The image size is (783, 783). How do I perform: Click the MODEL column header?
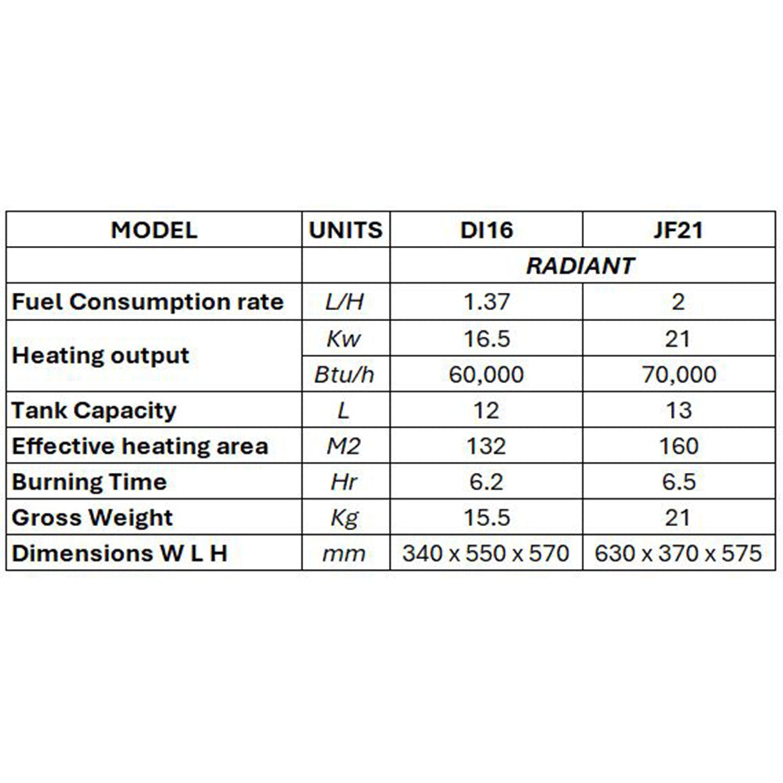(x=154, y=230)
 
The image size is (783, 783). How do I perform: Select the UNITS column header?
(x=345, y=230)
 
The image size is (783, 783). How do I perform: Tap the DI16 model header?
(x=485, y=230)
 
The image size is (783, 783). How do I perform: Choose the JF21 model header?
(x=678, y=230)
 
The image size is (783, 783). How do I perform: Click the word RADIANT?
(x=580, y=266)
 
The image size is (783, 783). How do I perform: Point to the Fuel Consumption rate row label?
(x=148, y=302)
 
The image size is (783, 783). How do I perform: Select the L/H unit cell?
(x=345, y=302)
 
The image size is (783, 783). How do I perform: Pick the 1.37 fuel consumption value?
(x=485, y=302)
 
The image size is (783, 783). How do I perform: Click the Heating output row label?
(x=101, y=355)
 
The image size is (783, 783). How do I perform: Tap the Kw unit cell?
(x=345, y=338)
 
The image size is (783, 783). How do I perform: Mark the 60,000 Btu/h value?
(x=485, y=374)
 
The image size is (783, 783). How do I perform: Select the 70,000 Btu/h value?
(x=678, y=374)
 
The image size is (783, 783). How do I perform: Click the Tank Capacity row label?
(x=94, y=410)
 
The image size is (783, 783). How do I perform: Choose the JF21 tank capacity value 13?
(x=678, y=410)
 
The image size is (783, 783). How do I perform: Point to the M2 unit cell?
(x=345, y=446)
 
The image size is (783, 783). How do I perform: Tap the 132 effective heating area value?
(x=485, y=446)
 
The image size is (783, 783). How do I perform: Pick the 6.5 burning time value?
(x=678, y=482)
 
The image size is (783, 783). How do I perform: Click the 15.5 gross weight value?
(x=485, y=518)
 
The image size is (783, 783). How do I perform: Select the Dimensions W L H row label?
(x=120, y=554)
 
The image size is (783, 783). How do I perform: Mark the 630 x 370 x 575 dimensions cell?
(x=678, y=554)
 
